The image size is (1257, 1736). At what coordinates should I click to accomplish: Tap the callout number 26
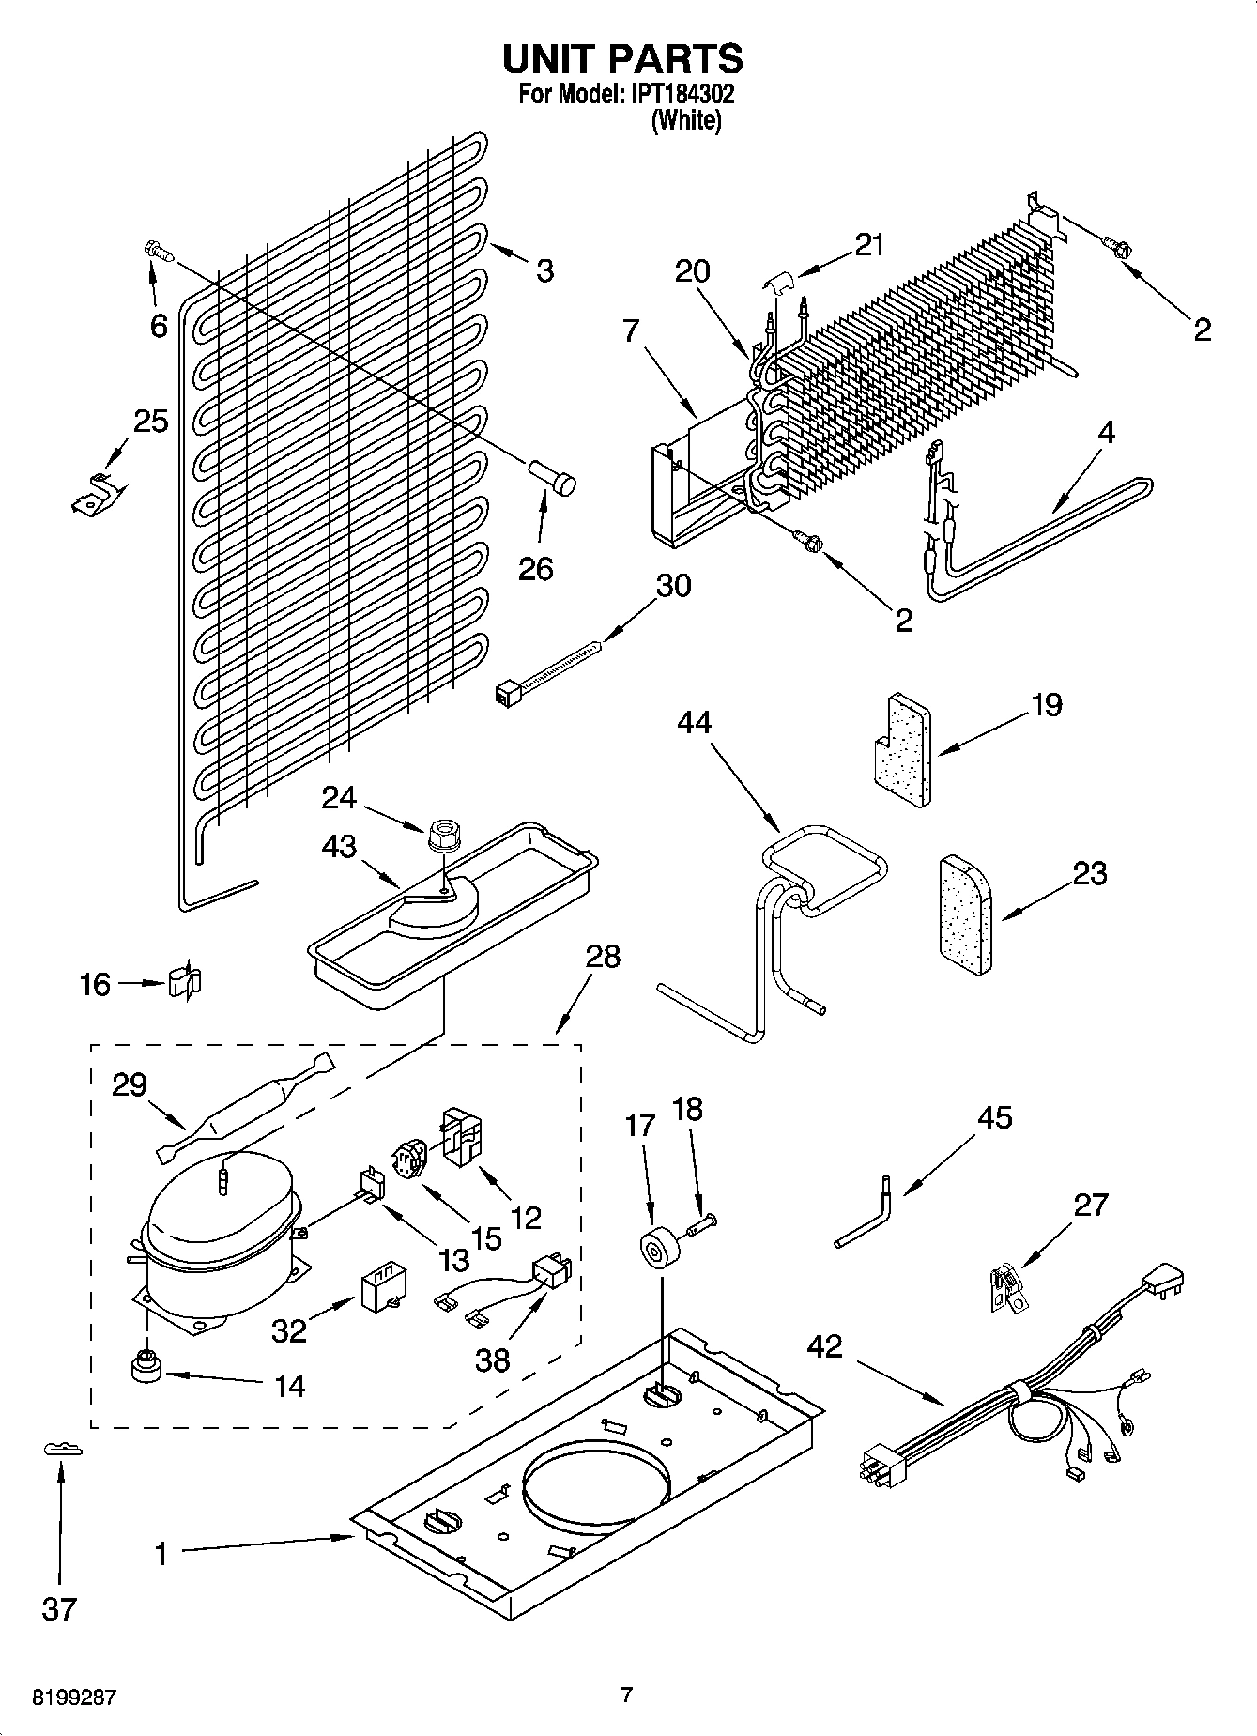536,569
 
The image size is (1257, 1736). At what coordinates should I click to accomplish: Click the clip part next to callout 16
185,982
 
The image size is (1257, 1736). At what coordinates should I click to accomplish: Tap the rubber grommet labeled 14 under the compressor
146,1370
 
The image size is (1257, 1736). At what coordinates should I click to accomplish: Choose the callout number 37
58,1609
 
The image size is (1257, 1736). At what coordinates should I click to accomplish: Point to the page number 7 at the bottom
627,1695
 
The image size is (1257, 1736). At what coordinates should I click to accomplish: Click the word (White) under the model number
686,120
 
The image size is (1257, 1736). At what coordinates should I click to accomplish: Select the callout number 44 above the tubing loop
694,723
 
